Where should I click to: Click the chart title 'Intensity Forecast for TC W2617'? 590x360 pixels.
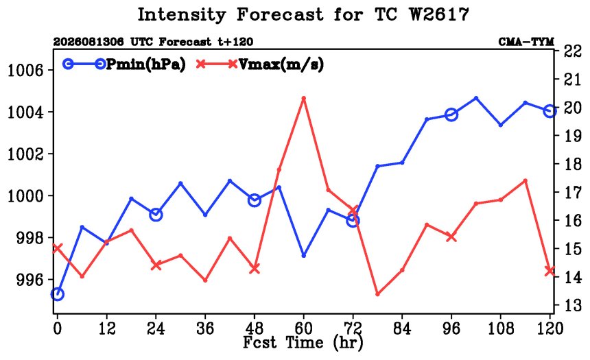(x=303, y=15)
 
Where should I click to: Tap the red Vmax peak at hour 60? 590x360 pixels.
(x=304, y=98)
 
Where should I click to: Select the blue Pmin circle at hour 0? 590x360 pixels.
(x=57, y=293)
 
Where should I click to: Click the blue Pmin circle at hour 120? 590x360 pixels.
(x=550, y=111)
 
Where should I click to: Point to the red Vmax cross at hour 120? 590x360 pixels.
(x=550, y=270)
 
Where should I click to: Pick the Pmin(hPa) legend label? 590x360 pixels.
(x=146, y=64)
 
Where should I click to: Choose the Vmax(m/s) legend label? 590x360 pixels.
(x=281, y=64)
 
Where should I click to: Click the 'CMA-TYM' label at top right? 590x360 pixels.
(x=526, y=42)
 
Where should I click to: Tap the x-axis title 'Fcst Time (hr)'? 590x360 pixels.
(x=303, y=343)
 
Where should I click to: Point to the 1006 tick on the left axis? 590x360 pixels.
(x=25, y=71)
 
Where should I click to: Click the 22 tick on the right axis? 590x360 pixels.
(x=573, y=51)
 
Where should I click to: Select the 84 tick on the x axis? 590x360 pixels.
(x=402, y=328)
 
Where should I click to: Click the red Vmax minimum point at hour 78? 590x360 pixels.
(x=377, y=293)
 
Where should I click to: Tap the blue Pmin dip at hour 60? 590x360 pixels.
(x=304, y=255)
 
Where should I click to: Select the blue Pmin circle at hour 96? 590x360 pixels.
(x=451, y=115)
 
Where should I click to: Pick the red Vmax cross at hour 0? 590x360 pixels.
(x=57, y=248)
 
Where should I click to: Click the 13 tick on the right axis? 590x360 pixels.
(x=573, y=305)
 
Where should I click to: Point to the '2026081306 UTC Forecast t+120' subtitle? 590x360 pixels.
(x=153, y=42)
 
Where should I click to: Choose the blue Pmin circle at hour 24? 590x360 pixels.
(x=156, y=215)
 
